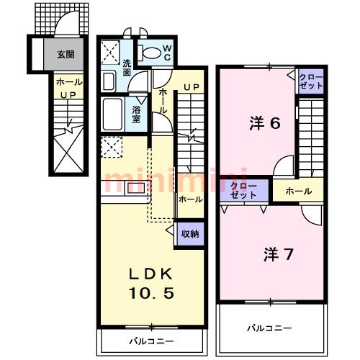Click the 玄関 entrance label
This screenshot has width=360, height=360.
[66, 55]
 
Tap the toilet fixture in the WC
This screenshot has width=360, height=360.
[149, 53]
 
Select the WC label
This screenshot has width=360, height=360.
[167, 53]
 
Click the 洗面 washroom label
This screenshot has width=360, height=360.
[127, 68]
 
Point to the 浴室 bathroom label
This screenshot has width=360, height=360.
[136, 114]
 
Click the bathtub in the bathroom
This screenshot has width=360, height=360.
[112, 114]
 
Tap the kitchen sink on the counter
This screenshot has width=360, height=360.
[136, 188]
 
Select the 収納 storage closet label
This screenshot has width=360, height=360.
[190, 233]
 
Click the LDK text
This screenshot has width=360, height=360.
[151, 274]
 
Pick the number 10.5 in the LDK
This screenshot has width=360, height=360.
[151, 293]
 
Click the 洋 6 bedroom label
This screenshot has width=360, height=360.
[265, 123]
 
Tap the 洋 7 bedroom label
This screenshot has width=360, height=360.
[278, 254]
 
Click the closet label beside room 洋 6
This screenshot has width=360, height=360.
[311, 81]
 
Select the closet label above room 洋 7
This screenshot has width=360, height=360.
[243, 191]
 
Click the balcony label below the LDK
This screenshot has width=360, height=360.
[151, 341]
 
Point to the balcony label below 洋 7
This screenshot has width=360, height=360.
[269, 328]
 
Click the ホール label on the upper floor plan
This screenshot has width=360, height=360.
[299, 192]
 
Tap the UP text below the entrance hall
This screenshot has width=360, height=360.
[68, 95]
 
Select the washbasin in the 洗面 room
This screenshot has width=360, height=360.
[109, 81]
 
